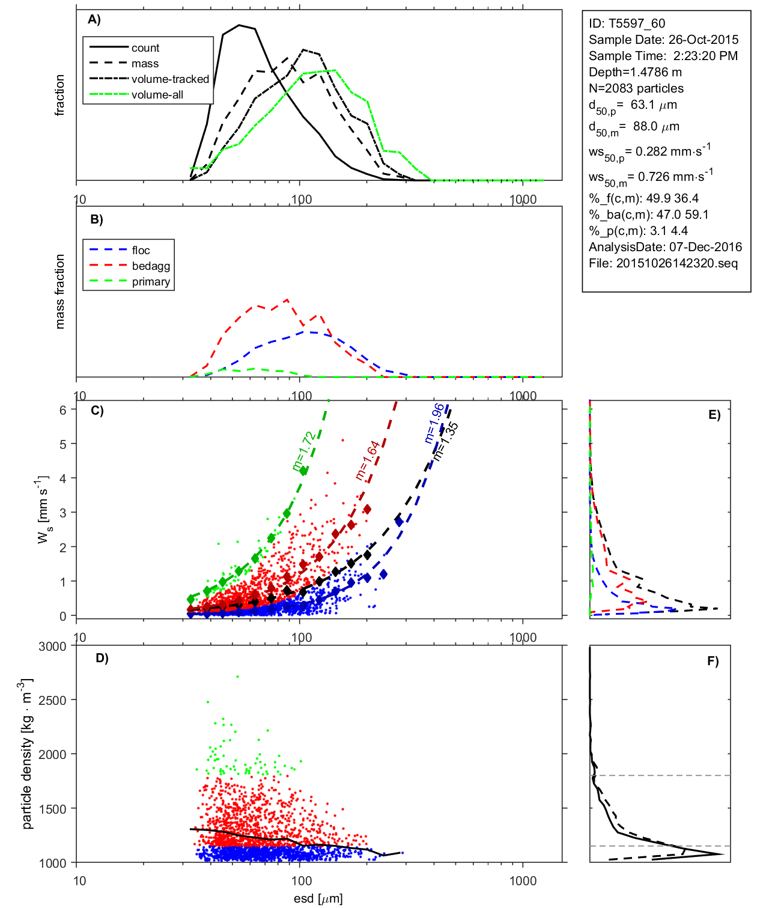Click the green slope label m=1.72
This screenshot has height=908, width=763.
[x=304, y=451]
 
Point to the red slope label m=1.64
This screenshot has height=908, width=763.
[x=368, y=460]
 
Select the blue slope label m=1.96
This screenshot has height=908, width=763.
[x=434, y=423]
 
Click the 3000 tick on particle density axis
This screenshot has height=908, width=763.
[x=52, y=647]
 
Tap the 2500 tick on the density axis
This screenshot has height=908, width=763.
[x=52, y=701]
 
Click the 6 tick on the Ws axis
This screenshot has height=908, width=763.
[x=62, y=410]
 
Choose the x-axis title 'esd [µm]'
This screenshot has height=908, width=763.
[x=318, y=899]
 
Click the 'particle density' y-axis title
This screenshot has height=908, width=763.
[x=27, y=754]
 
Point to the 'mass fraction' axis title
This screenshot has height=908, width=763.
[x=59, y=291]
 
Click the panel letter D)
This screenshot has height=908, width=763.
[x=102, y=658]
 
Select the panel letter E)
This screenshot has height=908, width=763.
[x=714, y=415]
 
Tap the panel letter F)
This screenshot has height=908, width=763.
[x=713, y=661]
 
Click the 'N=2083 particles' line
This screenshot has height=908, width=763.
[x=636, y=88]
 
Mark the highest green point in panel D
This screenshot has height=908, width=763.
[x=237, y=677]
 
